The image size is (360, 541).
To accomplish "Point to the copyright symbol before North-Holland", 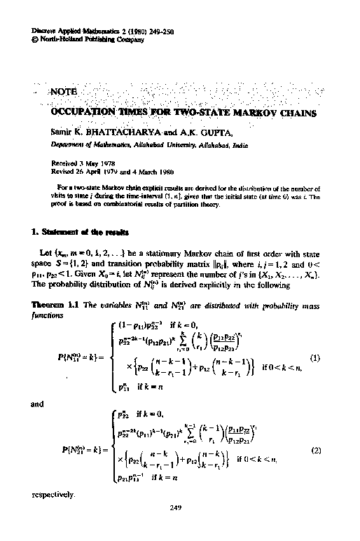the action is click(x=36, y=40).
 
